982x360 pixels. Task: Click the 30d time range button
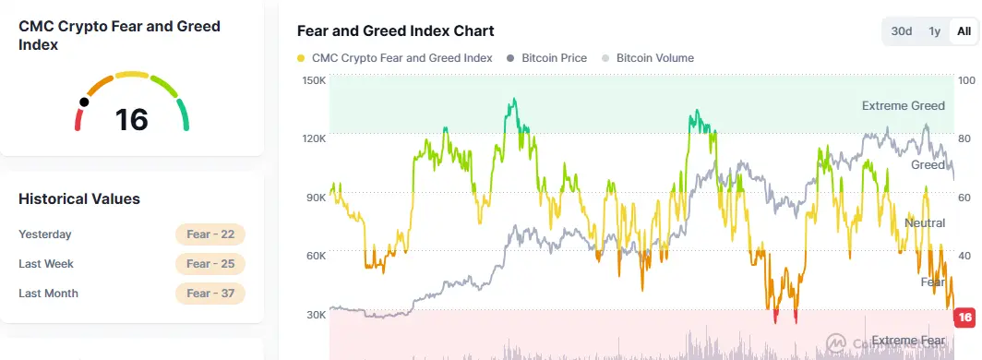(x=901, y=31)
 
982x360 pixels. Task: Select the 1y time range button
(x=934, y=31)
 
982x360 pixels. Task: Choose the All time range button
(x=964, y=31)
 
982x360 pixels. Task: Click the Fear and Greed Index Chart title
(x=395, y=31)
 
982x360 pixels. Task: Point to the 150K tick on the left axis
(x=314, y=80)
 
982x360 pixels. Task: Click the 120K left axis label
(x=314, y=138)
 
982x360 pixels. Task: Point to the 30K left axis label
(x=314, y=315)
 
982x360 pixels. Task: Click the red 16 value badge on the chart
(x=965, y=318)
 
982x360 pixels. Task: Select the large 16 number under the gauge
(x=131, y=120)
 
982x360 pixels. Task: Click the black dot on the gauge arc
(x=85, y=102)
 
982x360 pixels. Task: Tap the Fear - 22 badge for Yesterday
(x=210, y=234)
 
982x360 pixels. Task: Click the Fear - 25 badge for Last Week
(x=210, y=264)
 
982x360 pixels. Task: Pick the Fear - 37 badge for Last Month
(x=210, y=294)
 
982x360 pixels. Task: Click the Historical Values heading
(x=79, y=198)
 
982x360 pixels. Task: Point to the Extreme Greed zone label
(x=903, y=106)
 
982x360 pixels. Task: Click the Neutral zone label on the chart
(x=924, y=223)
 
